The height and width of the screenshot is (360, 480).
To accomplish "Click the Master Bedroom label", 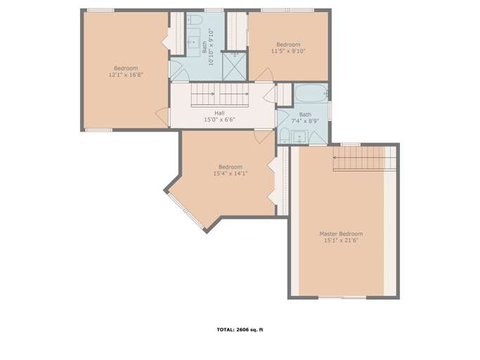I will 341,233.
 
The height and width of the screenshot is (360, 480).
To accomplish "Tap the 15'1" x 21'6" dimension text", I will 341,241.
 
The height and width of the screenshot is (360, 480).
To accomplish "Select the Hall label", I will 219,112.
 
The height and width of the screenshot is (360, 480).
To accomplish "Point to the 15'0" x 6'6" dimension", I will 219,120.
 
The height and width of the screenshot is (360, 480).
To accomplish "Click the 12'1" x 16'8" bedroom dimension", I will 126,75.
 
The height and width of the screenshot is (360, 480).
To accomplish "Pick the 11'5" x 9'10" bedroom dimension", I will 288,51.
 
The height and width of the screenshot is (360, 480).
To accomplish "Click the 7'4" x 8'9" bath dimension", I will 305,121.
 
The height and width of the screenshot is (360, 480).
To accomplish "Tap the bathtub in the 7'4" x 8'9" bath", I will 310,93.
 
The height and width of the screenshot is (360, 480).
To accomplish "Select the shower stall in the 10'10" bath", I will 233,66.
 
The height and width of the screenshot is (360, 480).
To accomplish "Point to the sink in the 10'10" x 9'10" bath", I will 193,41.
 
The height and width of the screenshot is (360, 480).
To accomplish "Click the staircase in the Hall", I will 221,93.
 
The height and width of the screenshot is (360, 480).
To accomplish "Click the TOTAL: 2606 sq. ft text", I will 240,329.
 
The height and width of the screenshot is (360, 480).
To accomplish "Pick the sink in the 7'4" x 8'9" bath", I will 300,136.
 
